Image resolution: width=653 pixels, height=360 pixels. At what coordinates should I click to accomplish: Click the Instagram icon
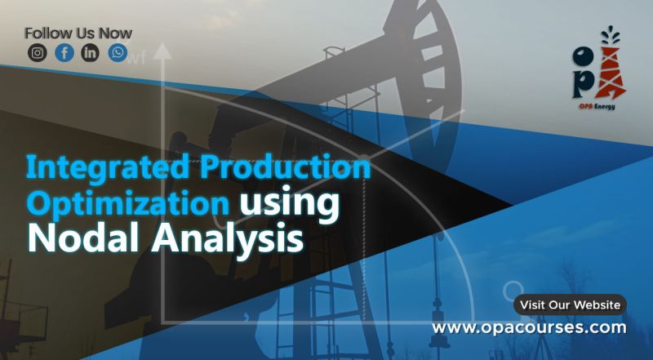(38, 53)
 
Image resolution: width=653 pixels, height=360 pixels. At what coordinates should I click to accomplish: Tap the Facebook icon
(64, 53)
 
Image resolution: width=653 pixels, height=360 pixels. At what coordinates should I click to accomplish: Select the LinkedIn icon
(91, 53)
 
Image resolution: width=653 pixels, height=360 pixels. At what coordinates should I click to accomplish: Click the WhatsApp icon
(118, 53)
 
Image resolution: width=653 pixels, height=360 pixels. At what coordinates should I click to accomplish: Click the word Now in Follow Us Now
(115, 33)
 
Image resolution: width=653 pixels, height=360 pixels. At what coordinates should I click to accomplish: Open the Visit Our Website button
(570, 304)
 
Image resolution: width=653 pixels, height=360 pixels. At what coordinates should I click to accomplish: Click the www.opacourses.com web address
(529, 327)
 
